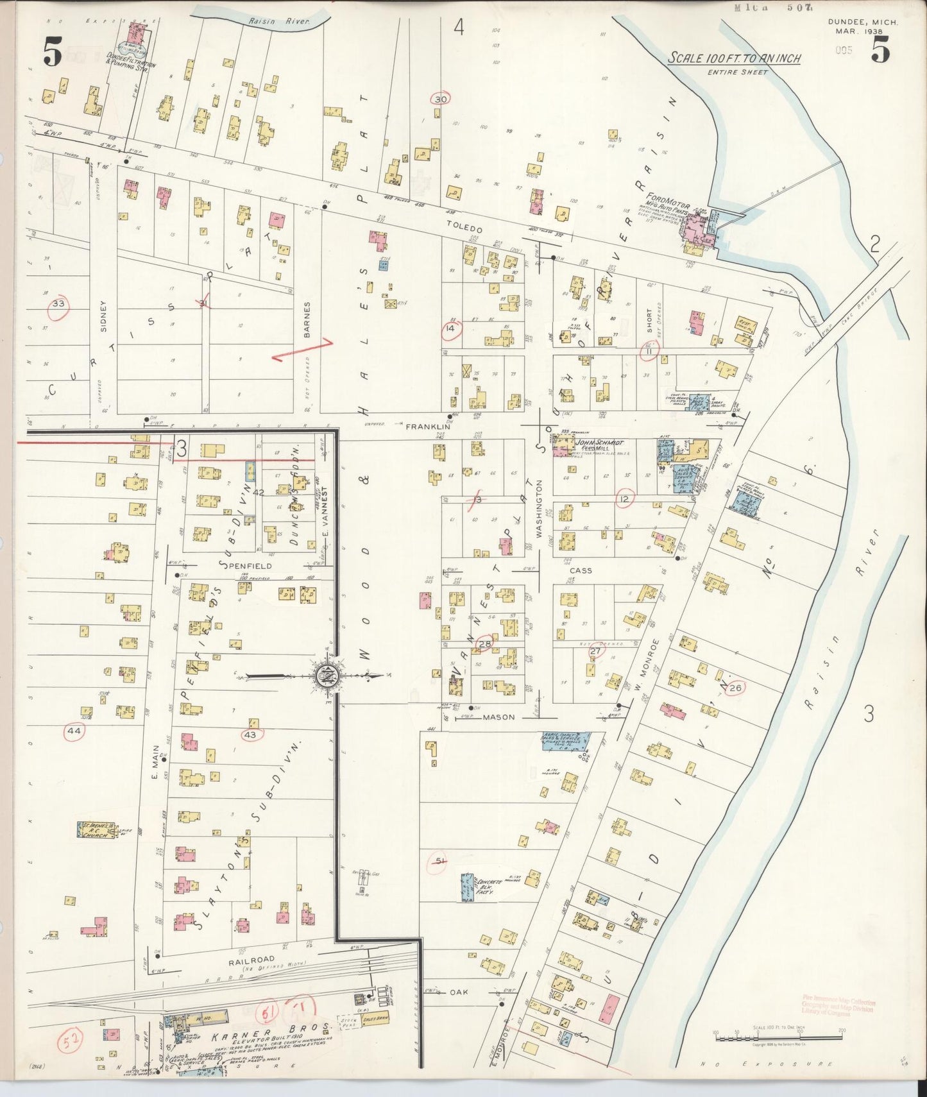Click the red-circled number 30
click(x=440, y=99)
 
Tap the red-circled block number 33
click(x=58, y=303)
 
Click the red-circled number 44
click(x=74, y=731)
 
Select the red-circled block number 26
click(x=735, y=688)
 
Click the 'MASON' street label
click(x=499, y=717)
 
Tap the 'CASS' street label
click(x=581, y=570)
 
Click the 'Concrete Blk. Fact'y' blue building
click(x=466, y=886)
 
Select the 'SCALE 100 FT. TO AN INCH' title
click(x=734, y=58)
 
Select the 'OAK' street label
click(x=458, y=992)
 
